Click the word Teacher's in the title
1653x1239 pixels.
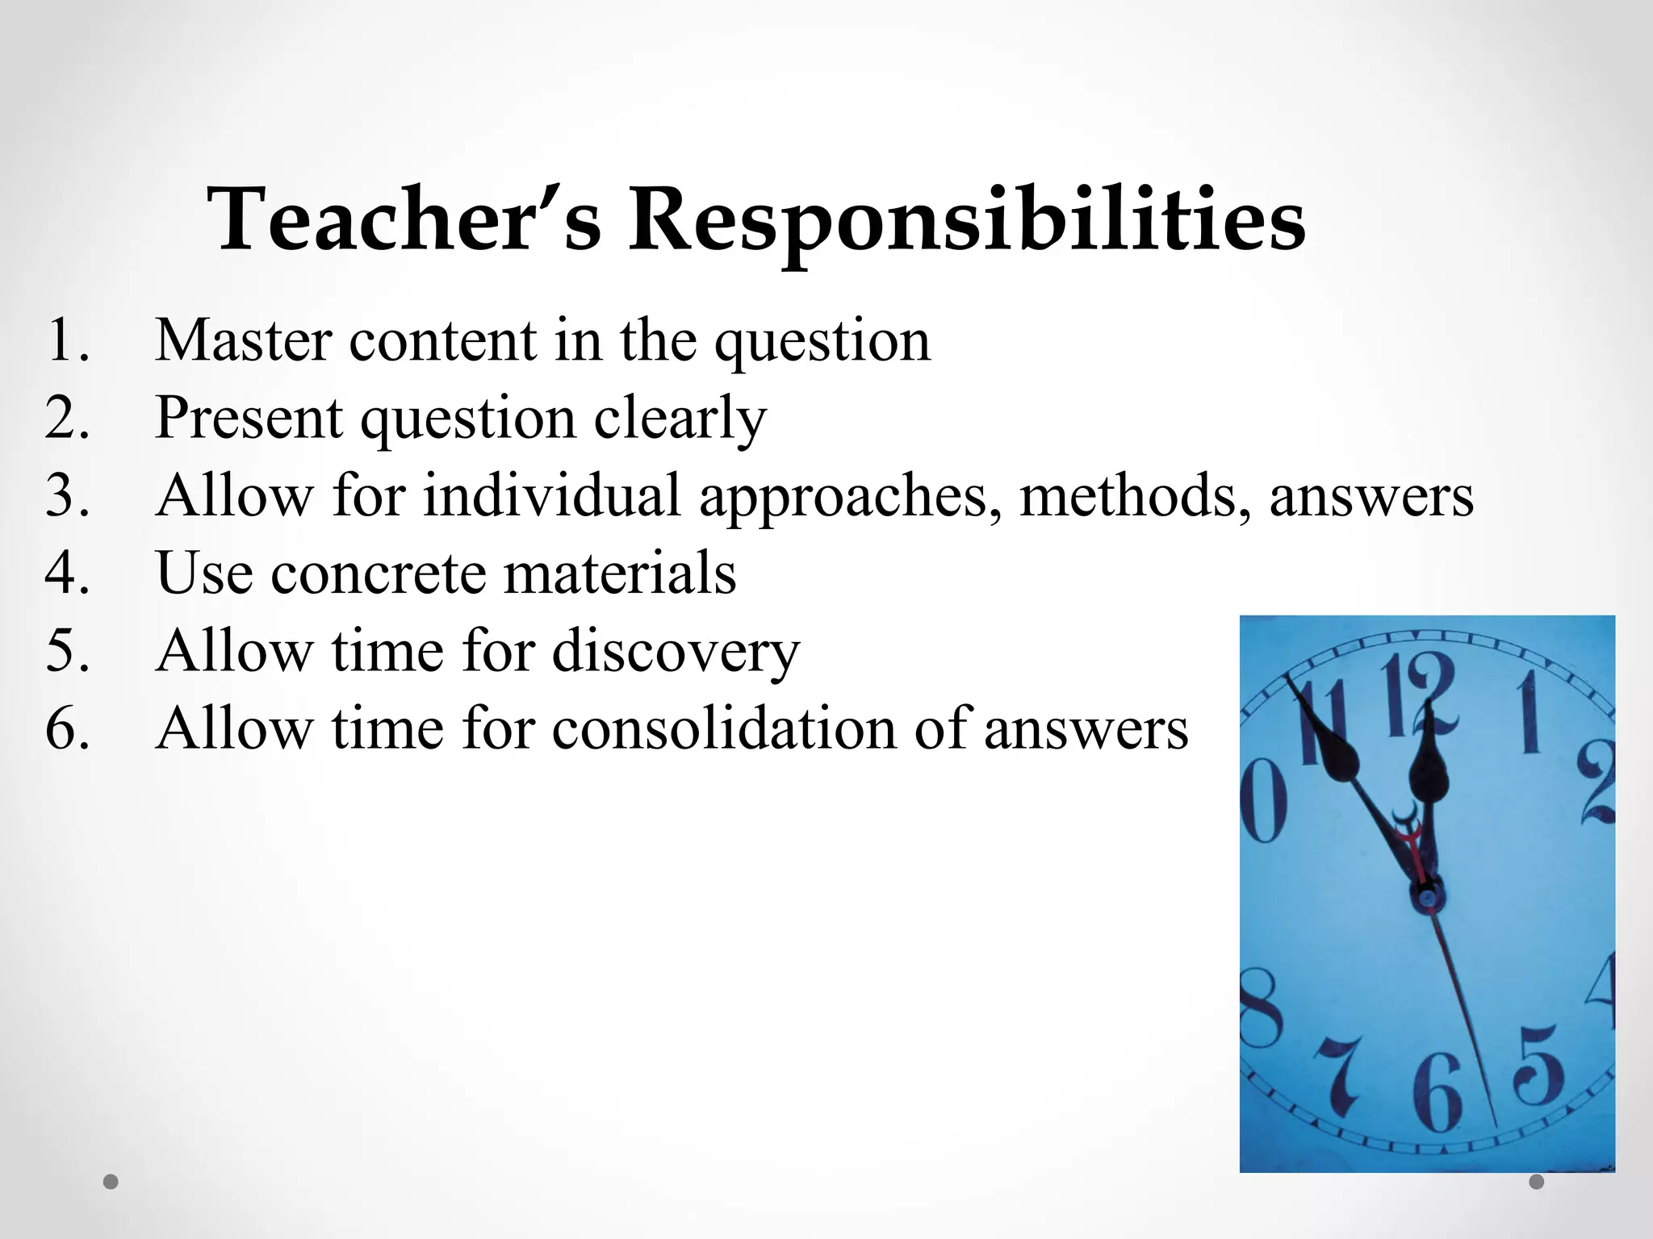pyautogui.click(x=404, y=219)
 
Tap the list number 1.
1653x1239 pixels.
pyautogui.click(x=68, y=340)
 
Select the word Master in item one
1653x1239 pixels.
pyautogui.click(x=243, y=340)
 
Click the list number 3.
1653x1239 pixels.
pyautogui.click(x=68, y=495)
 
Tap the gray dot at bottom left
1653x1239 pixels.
pyautogui.click(x=111, y=1182)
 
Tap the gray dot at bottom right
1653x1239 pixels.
pyautogui.click(x=1537, y=1182)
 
